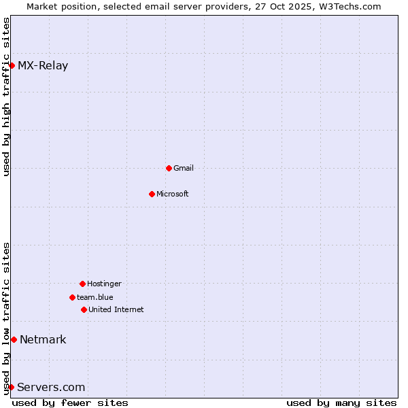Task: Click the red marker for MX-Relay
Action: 12,65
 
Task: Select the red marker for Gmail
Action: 169,168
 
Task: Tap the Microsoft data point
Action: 152,194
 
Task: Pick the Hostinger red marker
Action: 82,284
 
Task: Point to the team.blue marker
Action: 72,297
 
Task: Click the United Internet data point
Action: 84,309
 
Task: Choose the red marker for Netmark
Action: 14,339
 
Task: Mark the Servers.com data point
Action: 12,387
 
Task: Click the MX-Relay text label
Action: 43,66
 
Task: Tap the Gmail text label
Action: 184,168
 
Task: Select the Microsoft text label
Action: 173,194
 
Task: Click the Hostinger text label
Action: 104,284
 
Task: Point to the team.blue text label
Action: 95,297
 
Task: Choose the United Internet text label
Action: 116,309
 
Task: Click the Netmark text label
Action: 43,340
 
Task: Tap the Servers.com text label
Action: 51,388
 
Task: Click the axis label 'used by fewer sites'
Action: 70,403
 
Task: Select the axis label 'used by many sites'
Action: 341,403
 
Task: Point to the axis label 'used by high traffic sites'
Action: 6,97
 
